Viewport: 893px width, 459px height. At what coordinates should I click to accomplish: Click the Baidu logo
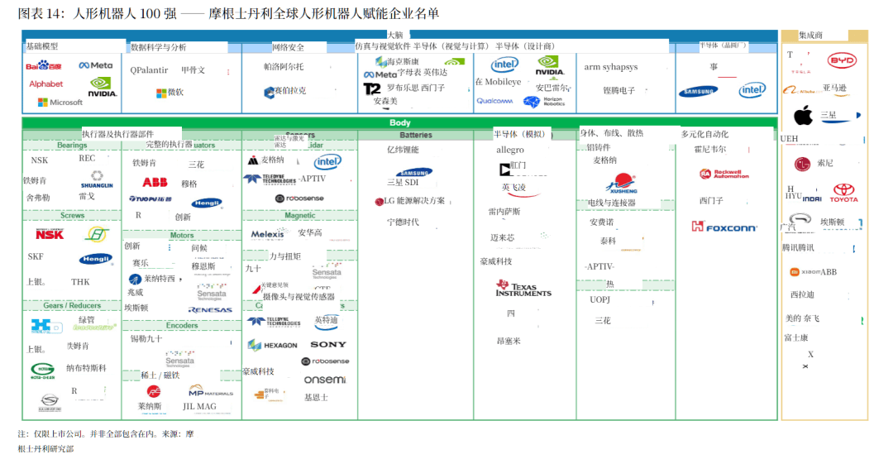44,65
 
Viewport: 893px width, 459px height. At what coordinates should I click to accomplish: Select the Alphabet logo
46,84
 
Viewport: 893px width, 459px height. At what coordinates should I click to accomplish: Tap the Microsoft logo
60,103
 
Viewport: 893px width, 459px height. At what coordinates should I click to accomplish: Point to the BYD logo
843,60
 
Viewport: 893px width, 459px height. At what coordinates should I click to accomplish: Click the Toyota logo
844,194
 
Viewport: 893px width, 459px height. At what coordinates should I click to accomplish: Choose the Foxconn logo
724,227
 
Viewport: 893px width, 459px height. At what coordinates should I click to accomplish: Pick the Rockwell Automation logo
724,175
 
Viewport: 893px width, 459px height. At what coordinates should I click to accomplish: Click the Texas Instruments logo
523,289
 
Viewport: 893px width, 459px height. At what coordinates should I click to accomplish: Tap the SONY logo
328,345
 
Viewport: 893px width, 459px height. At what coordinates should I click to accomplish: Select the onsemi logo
325,380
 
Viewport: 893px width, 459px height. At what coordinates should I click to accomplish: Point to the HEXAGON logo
272,345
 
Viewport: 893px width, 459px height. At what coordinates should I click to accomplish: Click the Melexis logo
268,234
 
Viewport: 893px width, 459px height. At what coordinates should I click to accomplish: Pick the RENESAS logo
210,310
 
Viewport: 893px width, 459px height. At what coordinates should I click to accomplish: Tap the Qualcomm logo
495,102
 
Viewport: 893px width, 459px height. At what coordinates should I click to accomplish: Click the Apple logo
803,115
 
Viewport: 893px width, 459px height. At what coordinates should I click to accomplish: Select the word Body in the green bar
399,123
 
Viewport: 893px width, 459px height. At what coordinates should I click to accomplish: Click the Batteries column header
415,135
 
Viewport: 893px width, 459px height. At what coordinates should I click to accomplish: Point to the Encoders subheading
182,325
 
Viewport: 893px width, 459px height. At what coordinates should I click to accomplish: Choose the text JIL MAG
199,406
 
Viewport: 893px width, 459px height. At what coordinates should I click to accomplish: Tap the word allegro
510,150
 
